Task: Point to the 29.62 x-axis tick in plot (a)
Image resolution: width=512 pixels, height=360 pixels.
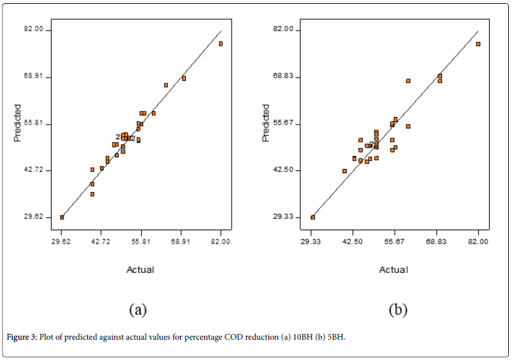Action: [62, 242]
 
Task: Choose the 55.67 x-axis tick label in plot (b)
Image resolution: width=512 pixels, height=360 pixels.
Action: [395, 242]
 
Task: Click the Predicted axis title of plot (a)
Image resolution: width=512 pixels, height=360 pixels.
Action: [18, 123]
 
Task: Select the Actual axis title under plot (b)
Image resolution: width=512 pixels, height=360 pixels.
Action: [394, 270]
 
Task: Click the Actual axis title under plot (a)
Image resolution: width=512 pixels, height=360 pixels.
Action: [141, 270]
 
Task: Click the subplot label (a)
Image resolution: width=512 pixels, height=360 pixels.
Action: [138, 310]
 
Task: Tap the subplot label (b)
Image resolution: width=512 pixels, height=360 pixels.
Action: [398, 310]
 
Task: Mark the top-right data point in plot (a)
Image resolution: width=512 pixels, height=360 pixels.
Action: [221, 44]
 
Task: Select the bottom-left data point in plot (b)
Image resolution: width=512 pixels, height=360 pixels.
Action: [312, 217]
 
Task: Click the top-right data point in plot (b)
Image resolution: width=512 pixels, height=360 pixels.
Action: [478, 44]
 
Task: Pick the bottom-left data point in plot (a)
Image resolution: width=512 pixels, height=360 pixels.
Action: [62, 217]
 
